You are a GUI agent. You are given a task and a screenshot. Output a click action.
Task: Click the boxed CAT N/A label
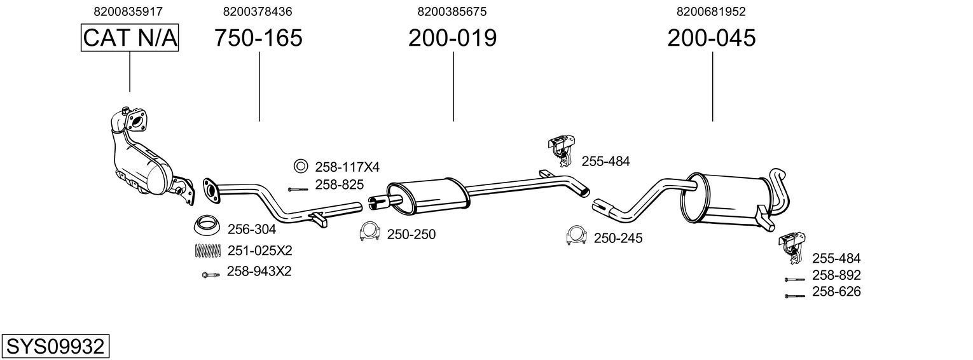coord(130,38)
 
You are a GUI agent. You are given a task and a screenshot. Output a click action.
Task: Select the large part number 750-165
coord(258,38)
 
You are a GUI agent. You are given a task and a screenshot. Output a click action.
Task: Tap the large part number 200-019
coord(452,38)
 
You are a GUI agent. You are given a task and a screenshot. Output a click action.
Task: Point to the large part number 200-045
coord(711,38)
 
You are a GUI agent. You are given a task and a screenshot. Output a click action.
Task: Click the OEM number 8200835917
coord(128,11)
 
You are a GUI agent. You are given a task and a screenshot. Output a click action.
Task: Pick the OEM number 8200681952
coord(711,11)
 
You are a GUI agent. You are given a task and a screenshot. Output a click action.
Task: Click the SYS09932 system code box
coord(55,347)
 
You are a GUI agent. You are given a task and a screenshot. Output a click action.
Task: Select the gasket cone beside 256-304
coord(207,226)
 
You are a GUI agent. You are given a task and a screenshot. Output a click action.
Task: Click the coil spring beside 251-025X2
coord(206,251)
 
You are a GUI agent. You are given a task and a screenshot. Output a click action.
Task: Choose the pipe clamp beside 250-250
coord(369,233)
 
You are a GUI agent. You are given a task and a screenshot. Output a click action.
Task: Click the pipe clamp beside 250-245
coord(576,236)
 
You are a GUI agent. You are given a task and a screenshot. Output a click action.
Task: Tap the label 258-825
coord(339,185)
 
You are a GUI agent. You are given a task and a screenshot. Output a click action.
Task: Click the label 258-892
coord(836,275)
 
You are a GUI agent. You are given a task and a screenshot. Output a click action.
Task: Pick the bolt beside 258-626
coord(794,296)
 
